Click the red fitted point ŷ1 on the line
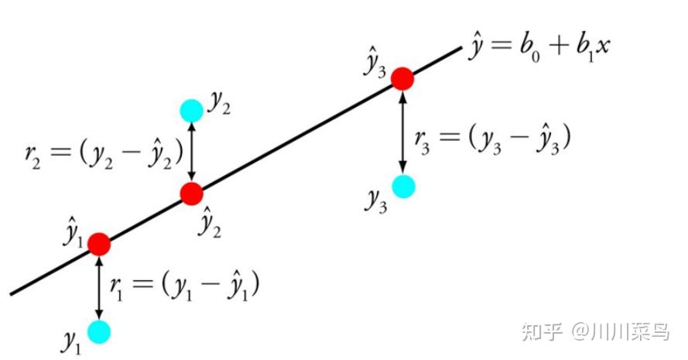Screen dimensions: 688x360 coord(99,244)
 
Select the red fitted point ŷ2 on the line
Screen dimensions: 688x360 coord(192,193)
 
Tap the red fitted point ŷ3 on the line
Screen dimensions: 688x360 coord(402,78)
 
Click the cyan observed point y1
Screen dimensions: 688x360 coord(99,332)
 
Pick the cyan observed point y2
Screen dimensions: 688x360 coord(191,111)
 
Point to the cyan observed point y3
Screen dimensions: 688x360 coord(402,186)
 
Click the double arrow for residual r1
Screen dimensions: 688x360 coord(99,287)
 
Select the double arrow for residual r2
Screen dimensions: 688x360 coord(192,152)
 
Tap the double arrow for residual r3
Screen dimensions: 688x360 coord(402,132)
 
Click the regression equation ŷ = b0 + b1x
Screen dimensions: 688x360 coord(539,46)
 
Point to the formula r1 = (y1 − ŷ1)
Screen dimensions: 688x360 coord(184,286)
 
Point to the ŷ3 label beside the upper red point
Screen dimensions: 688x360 coord(375,65)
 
